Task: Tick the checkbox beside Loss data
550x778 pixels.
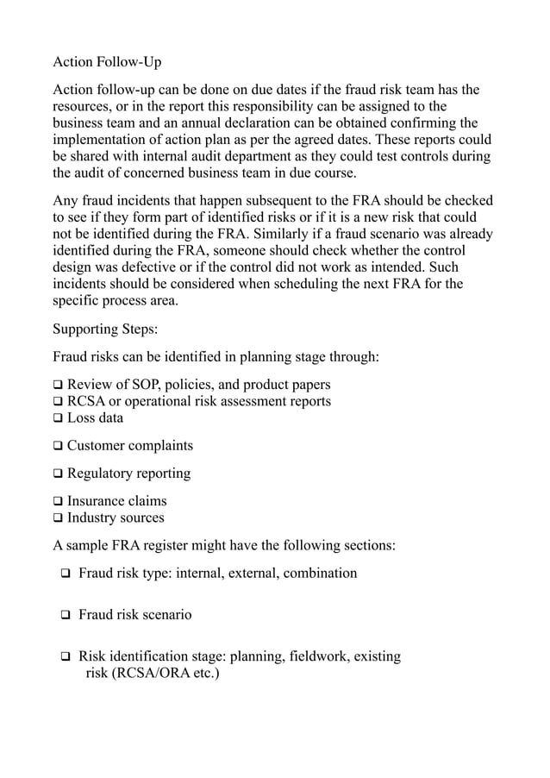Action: pos(58,418)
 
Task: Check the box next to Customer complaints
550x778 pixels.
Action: pos(58,446)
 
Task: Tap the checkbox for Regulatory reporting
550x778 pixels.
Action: pos(58,474)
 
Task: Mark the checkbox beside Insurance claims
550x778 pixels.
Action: pos(58,501)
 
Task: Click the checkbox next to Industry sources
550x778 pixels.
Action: pos(58,518)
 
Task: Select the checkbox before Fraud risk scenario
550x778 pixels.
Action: pos(66,616)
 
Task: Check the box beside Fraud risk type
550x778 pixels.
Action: pos(66,574)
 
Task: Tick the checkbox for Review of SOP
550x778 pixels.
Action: pos(58,385)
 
